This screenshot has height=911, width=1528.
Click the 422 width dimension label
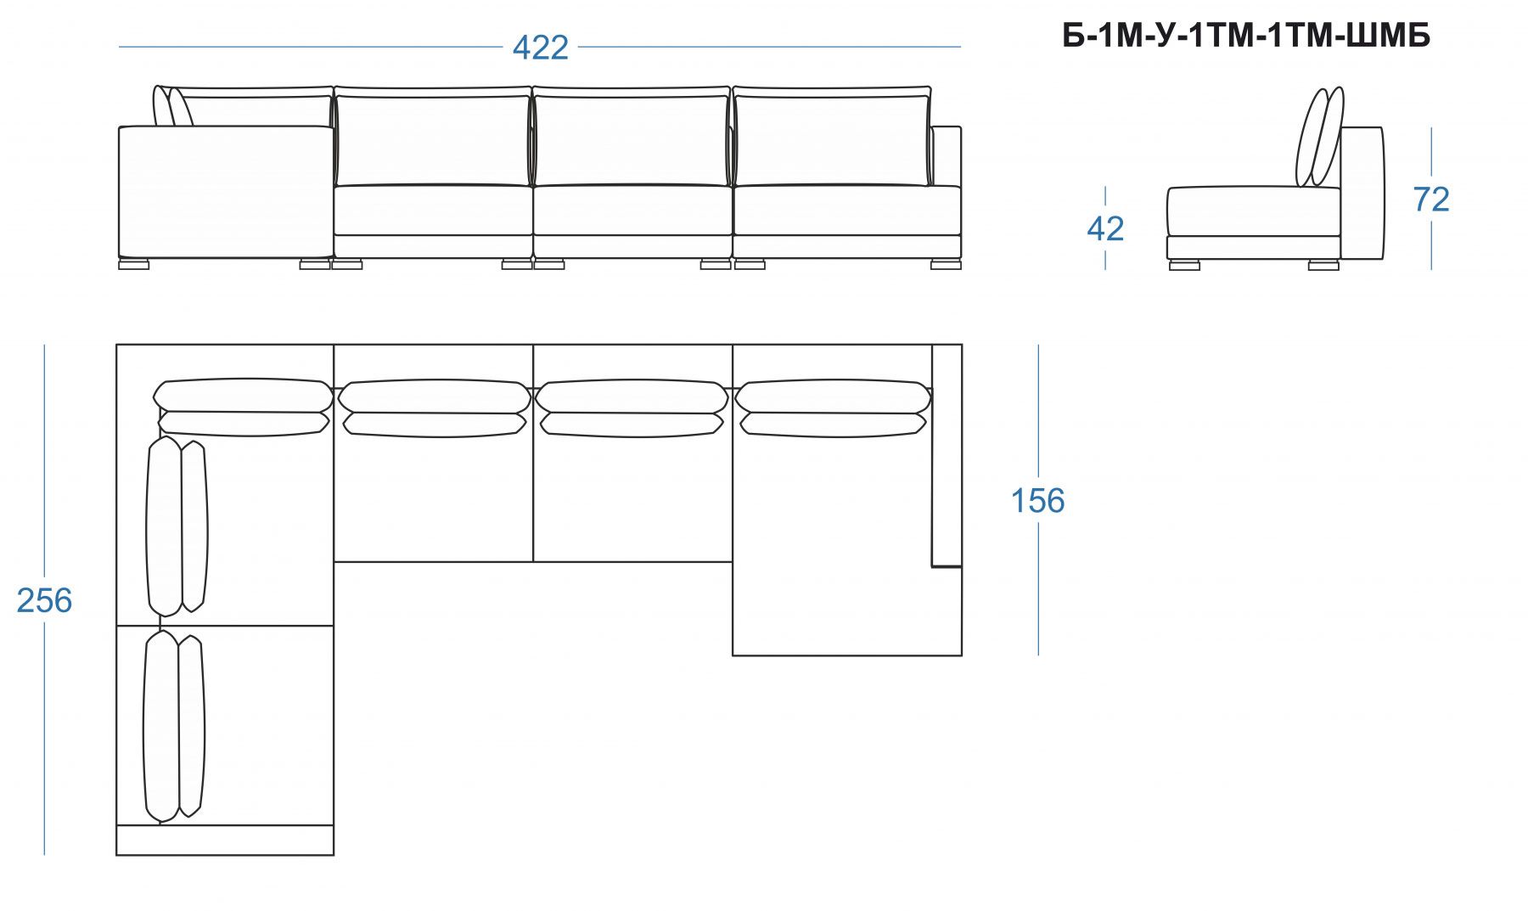pyautogui.click(x=540, y=48)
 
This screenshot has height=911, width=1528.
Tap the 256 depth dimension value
pyautogui.click(x=44, y=600)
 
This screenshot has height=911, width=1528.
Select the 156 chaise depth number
pyautogui.click(x=1037, y=501)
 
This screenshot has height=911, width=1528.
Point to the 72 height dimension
pyautogui.click(x=1431, y=200)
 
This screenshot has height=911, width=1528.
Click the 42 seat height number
pyautogui.click(x=1105, y=229)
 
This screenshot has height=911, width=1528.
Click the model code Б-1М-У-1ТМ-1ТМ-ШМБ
pyautogui.click(x=1246, y=36)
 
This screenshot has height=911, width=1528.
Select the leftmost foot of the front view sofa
pyautogui.click(x=133, y=264)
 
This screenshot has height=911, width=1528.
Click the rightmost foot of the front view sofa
pyautogui.click(x=946, y=264)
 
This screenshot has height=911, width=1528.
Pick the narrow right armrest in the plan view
pyautogui.click(x=947, y=455)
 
